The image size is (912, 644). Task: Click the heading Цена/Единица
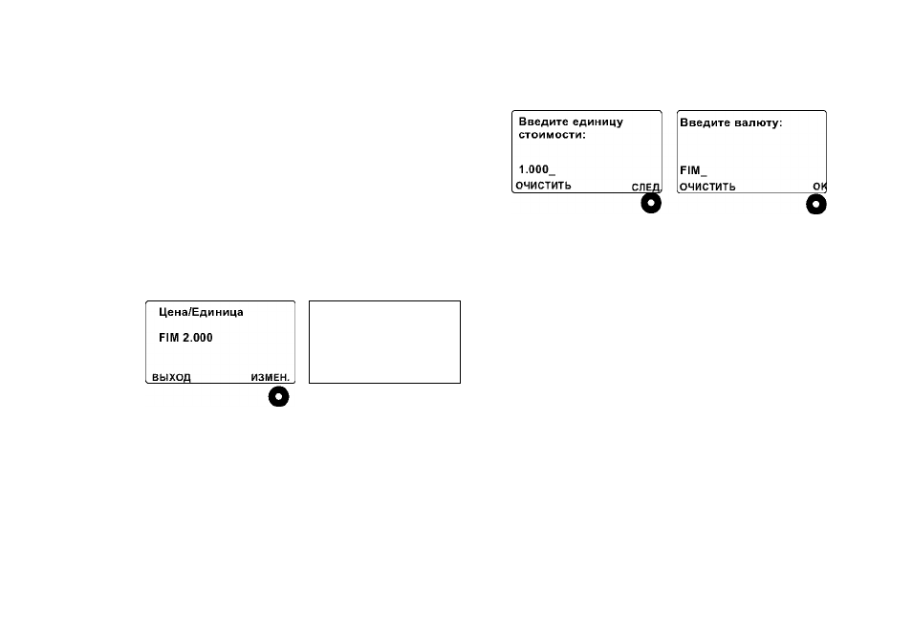(x=201, y=313)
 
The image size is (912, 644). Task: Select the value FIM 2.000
(x=185, y=338)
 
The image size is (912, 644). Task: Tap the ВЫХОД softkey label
(x=171, y=377)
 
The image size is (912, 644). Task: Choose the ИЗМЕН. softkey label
(x=270, y=377)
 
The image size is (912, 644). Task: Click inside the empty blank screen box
(x=384, y=342)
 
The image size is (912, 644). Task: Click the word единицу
(x=597, y=122)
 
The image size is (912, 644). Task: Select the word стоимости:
(x=552, y=135)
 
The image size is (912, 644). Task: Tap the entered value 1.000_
(x=537, y=169)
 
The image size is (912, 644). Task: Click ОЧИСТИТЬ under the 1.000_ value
(x=543, y=186)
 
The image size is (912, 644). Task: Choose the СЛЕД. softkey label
(x=645, y=187)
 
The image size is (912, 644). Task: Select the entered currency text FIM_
(x=693, y=170)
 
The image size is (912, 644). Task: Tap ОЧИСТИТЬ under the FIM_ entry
(x=707, y=187)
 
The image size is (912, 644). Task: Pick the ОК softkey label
(x=819, y=187)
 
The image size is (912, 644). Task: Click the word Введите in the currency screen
(x=704, y=122)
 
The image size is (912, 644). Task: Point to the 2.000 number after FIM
(x=198, y=338)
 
